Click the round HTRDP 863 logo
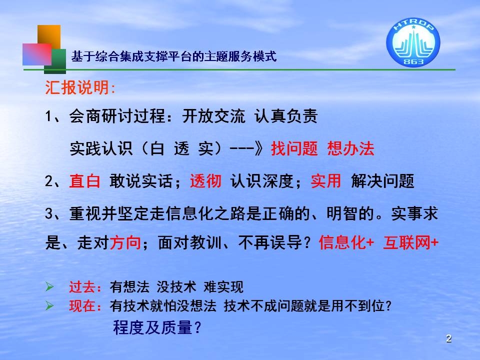[x=413, y=42]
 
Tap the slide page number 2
[x=449, y=338]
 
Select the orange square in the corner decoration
[x=49, y=36]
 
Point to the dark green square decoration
[x=55, y=61]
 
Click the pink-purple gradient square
[x=37, y=54]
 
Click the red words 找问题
[x=294, y=149]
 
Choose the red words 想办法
[x=351, y=149]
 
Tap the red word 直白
[x=85, y=181]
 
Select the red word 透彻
[x=205, y=181]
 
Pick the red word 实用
[x=326, y=181]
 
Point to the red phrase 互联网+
[x=411, y=243]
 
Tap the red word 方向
[x=125, y=243]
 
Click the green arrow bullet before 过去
[x=49, y=286]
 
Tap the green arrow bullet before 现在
[x=49, y=305]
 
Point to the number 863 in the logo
[x=413, y=62]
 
